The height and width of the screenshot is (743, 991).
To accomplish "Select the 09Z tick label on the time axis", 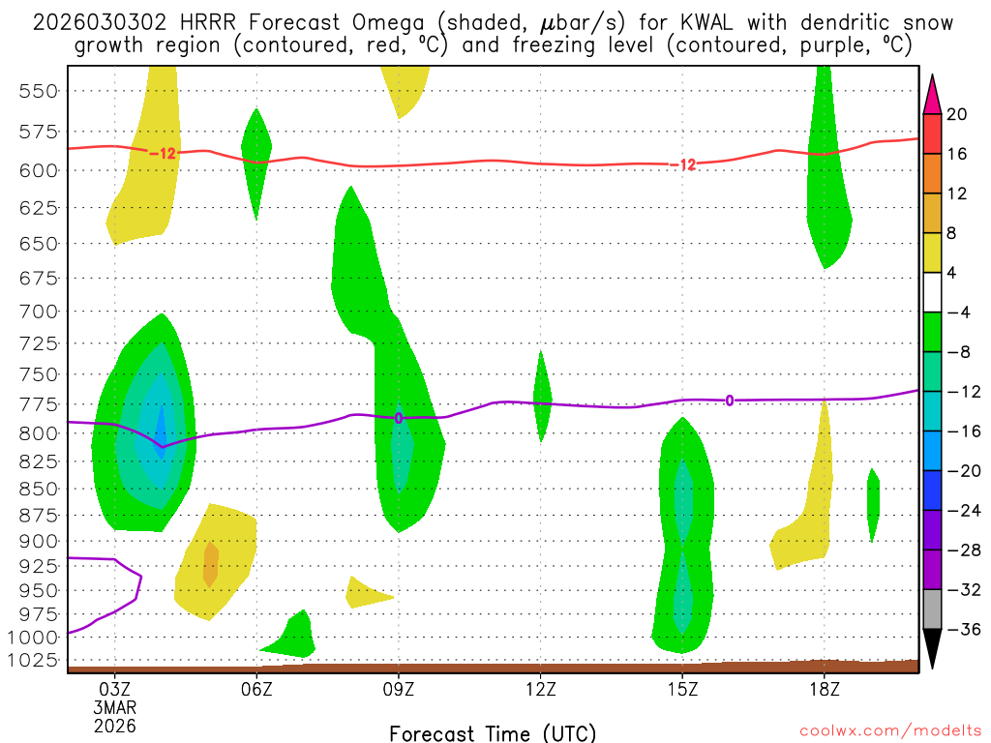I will tap(399, 689).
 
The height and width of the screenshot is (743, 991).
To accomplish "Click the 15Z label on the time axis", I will tap(682, 689).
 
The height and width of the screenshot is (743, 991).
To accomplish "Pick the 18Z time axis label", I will tap(825, 689).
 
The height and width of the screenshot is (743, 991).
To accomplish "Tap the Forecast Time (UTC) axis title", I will tap(493, 732).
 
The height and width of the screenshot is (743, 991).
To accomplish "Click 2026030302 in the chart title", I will tap(91, 22).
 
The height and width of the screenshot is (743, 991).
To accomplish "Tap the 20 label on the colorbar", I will tap(956, 114).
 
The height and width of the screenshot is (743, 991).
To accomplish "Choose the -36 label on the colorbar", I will tap(963, 629).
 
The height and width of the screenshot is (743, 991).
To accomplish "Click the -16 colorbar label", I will tap(963, 431).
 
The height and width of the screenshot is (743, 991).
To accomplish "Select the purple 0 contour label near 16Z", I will tap(729, 400).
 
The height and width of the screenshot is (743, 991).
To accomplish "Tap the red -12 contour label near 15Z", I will tap(682, 164).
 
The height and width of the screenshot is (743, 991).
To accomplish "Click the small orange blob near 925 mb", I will tap(210, 564).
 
